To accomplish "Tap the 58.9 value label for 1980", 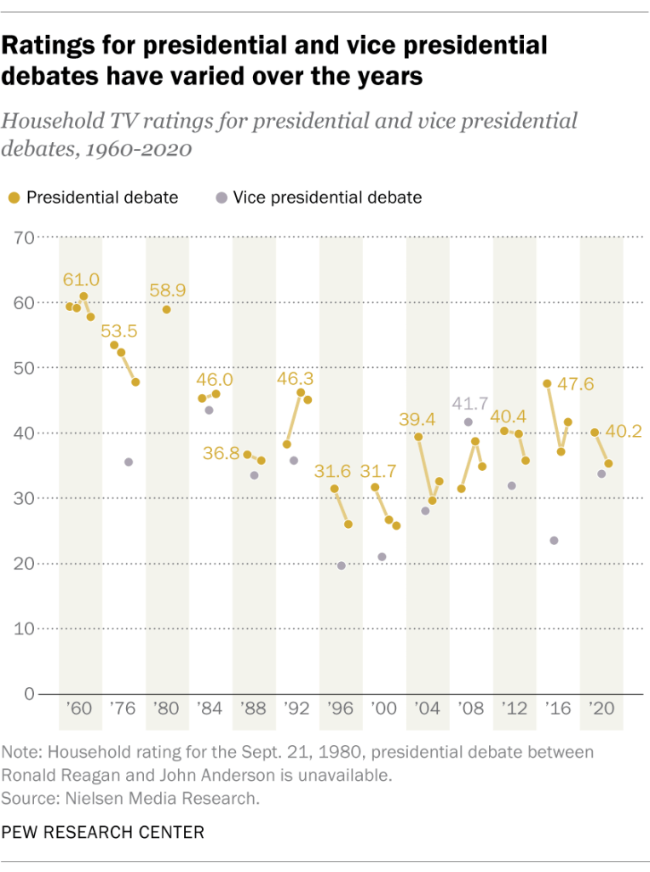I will (167, 290).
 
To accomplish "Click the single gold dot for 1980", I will (167, 309).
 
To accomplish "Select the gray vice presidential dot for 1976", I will (129, 462).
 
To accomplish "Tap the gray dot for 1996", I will (342, 565).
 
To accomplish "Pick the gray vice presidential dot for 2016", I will (555, 541).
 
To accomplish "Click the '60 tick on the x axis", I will (80, 708).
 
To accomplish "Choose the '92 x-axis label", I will (297, 708).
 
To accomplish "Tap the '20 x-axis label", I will (601, 708).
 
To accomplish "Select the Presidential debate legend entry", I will (95, 198).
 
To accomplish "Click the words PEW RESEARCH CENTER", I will (103, 832).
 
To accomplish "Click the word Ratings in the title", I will (54, 46).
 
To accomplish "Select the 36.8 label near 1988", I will (221, 454).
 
